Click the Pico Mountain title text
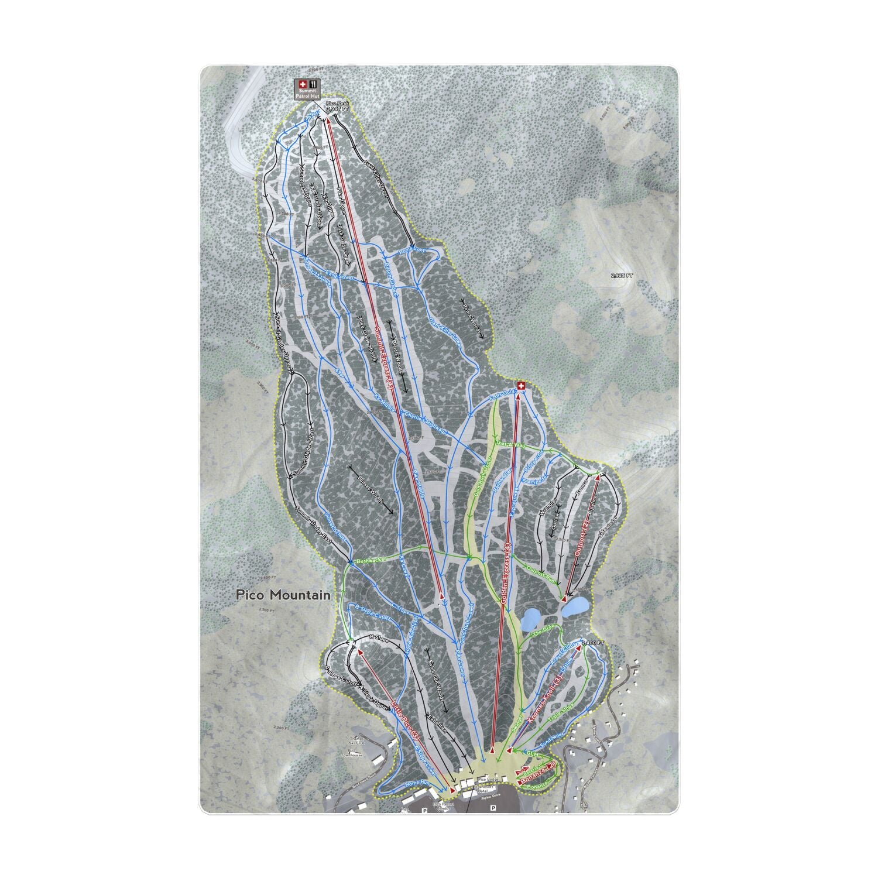(x=283, y=595)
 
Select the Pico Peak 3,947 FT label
(x=337, y=106)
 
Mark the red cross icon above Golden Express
(x=520, y=386)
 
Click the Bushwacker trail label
(x=371, y=560)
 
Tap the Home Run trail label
(x=417, y=784)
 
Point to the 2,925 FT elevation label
(x=622, y=275)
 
